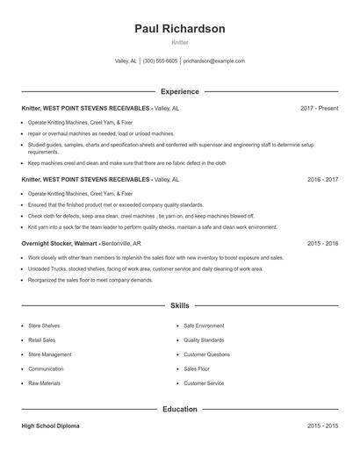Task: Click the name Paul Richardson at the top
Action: pos(179,29)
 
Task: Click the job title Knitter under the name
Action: pos(179,42)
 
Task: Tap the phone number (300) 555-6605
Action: pos(160,61)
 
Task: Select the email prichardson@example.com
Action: pos(214,61)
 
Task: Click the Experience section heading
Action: pos(179,91)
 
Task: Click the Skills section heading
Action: pos(179,306)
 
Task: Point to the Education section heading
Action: pos(179,409)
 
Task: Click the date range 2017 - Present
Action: pos(319,108)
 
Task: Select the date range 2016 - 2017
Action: pos(322,179)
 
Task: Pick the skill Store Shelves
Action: pos(44,325)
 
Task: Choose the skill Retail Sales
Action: pos(42,340)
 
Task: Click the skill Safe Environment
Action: pos(204,325)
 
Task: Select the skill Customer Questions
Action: pos(206,354)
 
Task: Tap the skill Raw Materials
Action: pos(44,383)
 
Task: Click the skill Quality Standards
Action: pos(204,340)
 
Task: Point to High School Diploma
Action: pos(50,426)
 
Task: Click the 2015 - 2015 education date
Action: pos(322,426)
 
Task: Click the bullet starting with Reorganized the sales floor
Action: pos(90,279)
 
